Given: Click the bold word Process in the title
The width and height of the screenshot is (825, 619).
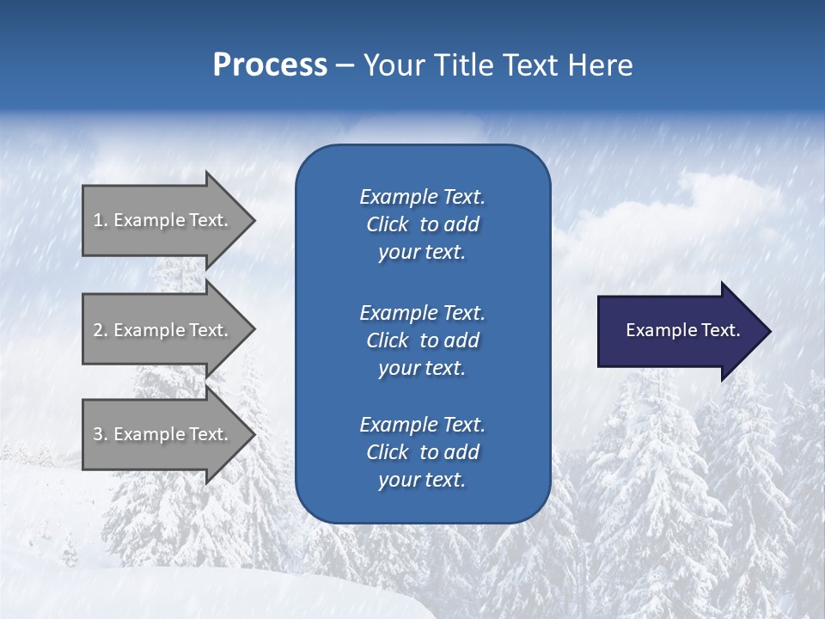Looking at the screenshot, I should [270, 65].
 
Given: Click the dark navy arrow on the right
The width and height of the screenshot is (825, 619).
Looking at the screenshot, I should [679, 331].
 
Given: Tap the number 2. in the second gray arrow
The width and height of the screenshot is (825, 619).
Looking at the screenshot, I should [101, 330].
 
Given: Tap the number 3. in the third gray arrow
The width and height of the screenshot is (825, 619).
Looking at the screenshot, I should [101, 434].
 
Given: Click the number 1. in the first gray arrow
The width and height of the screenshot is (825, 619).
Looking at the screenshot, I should [100, 220].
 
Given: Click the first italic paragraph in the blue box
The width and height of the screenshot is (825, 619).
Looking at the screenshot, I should [422, 224].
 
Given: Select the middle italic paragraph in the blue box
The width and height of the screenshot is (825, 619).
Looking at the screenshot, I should [422, 340].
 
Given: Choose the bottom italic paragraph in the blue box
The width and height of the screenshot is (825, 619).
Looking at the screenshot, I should [422, 452].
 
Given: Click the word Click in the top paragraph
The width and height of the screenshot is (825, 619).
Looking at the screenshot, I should [387, 224].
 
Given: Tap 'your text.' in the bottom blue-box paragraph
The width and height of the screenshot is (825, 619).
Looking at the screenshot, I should [422, 481].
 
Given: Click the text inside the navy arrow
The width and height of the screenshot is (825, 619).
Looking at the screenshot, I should [682, 330].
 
